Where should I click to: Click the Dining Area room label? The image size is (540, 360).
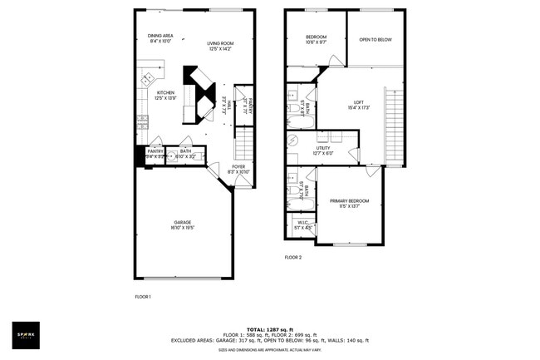[160, 38]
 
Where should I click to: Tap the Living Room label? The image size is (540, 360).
[220, 46]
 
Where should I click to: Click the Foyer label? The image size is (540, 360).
[238, 169]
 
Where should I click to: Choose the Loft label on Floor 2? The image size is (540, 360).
[359, 105]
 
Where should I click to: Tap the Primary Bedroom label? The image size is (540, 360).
[349, 203]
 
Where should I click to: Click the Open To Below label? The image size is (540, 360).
[376, 39]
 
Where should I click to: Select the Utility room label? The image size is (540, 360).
[323, 150]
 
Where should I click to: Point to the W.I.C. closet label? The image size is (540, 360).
[301, 224]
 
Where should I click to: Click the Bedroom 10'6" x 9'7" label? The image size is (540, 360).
[316, 39]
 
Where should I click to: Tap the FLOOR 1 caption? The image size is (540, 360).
[143, 297]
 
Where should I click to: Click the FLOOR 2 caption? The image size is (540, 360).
[293, 258]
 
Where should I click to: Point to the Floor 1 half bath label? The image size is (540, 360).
[185, 154]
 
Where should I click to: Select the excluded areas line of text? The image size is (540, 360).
[270, 340]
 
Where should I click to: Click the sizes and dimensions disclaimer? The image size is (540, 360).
[270, 350]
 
